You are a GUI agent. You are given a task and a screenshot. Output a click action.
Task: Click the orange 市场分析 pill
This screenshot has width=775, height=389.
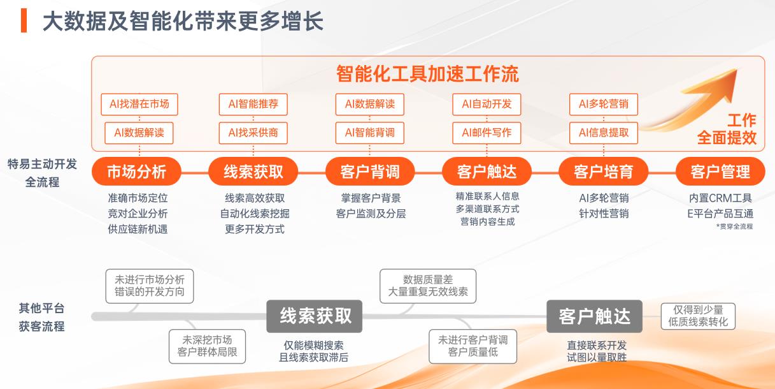coord(136,172)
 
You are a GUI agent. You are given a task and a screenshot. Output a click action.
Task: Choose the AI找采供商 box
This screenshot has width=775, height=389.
coord(253,133)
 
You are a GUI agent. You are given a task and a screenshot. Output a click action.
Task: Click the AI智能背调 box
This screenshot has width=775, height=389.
coord(370,133)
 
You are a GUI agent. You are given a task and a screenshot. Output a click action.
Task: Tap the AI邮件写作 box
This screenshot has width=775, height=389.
coord(487,133)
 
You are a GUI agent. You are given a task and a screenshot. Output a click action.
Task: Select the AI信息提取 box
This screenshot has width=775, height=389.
coord(604,133)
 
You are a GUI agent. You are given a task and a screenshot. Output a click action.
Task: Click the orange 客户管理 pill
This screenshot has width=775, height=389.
coord(720,172)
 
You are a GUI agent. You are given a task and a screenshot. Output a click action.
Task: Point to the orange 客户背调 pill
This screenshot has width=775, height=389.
coord(370,172)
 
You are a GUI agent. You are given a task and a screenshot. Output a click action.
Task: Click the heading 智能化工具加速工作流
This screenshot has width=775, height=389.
coord(427,74)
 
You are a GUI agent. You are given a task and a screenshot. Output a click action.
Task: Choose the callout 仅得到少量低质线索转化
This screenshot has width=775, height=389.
coord(698,316)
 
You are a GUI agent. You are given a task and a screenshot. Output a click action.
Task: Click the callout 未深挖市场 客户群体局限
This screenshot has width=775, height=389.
coord(207,346)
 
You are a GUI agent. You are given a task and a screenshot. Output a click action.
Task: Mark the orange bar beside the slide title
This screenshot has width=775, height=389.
coord(24,21)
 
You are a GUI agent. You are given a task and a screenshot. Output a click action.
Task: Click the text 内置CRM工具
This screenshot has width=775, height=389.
coord(720,198)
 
